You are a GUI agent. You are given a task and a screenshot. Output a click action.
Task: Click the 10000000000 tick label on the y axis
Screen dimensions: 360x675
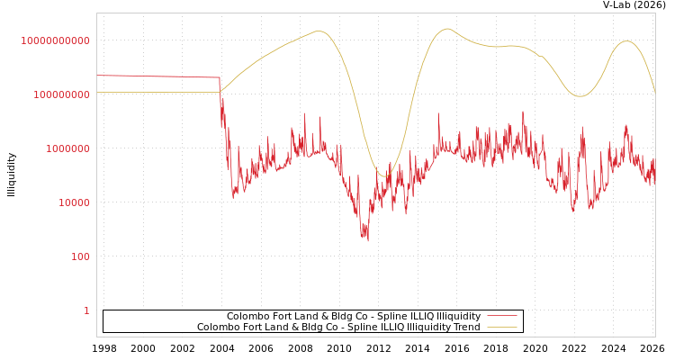click(x=56, y=40)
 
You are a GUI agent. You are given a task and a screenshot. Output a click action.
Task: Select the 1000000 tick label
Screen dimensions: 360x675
click(x=67, y=148)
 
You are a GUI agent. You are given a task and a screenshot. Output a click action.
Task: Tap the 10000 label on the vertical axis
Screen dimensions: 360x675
click(x=74, y=202)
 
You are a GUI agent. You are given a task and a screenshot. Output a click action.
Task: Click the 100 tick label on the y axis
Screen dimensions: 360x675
click(x=80, y=256)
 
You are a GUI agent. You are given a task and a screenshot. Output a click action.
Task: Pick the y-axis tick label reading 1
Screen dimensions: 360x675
click(x=86, y=310)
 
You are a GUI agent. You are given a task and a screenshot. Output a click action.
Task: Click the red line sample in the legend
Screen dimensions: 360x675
click(x=501, y=316)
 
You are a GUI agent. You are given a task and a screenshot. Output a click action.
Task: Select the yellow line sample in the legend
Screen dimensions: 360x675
click(x=501, y=327)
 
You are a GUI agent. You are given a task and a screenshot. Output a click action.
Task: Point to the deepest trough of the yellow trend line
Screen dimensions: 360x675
click(x=385, y=176)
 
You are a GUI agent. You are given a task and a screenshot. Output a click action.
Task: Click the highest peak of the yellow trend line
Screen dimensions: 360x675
click(x=446, y=29)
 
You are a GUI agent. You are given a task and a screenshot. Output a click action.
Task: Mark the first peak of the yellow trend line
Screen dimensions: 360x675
click(x=319, y=31)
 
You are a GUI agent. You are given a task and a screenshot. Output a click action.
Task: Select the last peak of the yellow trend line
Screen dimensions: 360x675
click(x=626, y=41)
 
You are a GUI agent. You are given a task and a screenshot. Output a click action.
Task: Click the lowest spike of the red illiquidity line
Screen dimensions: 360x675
click(x=367, y=241)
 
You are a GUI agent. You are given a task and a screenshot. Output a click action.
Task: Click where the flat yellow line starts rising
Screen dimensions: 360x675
click(x=220, y=91)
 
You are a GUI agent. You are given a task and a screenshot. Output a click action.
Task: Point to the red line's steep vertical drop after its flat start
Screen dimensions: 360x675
click(x=221, y=108)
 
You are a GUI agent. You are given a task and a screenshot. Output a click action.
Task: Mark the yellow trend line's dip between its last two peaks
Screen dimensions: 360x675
click(x=580, y=96)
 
